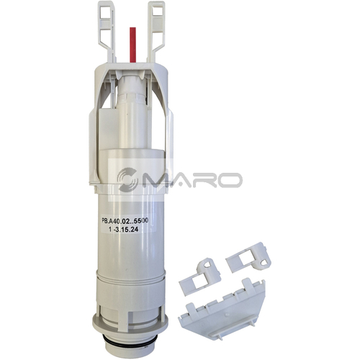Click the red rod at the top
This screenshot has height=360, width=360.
tap(132, 45)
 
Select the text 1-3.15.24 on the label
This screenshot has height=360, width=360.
tap(123, 230)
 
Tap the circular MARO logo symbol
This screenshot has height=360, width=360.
tap(127, 179)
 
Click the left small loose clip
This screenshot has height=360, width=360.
tap(199, 276)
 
